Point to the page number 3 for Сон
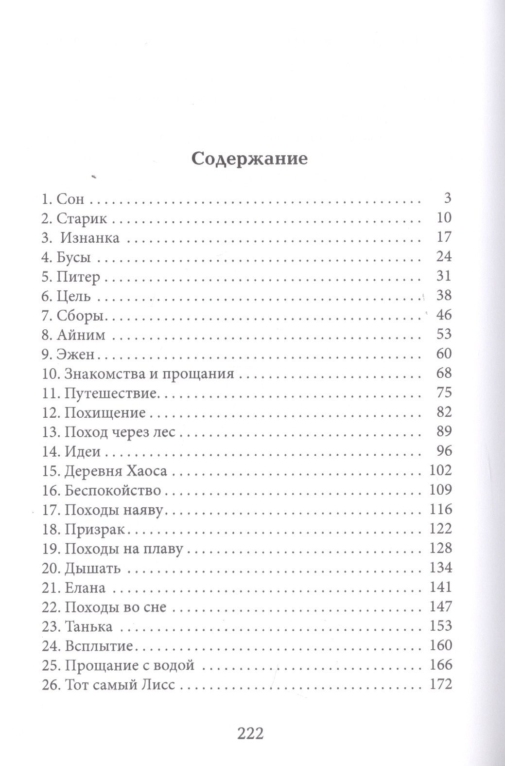coord(448,198)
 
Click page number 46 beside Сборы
coord(444,315)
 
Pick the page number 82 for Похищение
coord(444,412)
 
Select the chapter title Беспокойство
coord(113,490)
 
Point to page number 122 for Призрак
coord(441,529)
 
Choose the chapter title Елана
coord(85,588)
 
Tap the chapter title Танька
coord(88,626)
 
